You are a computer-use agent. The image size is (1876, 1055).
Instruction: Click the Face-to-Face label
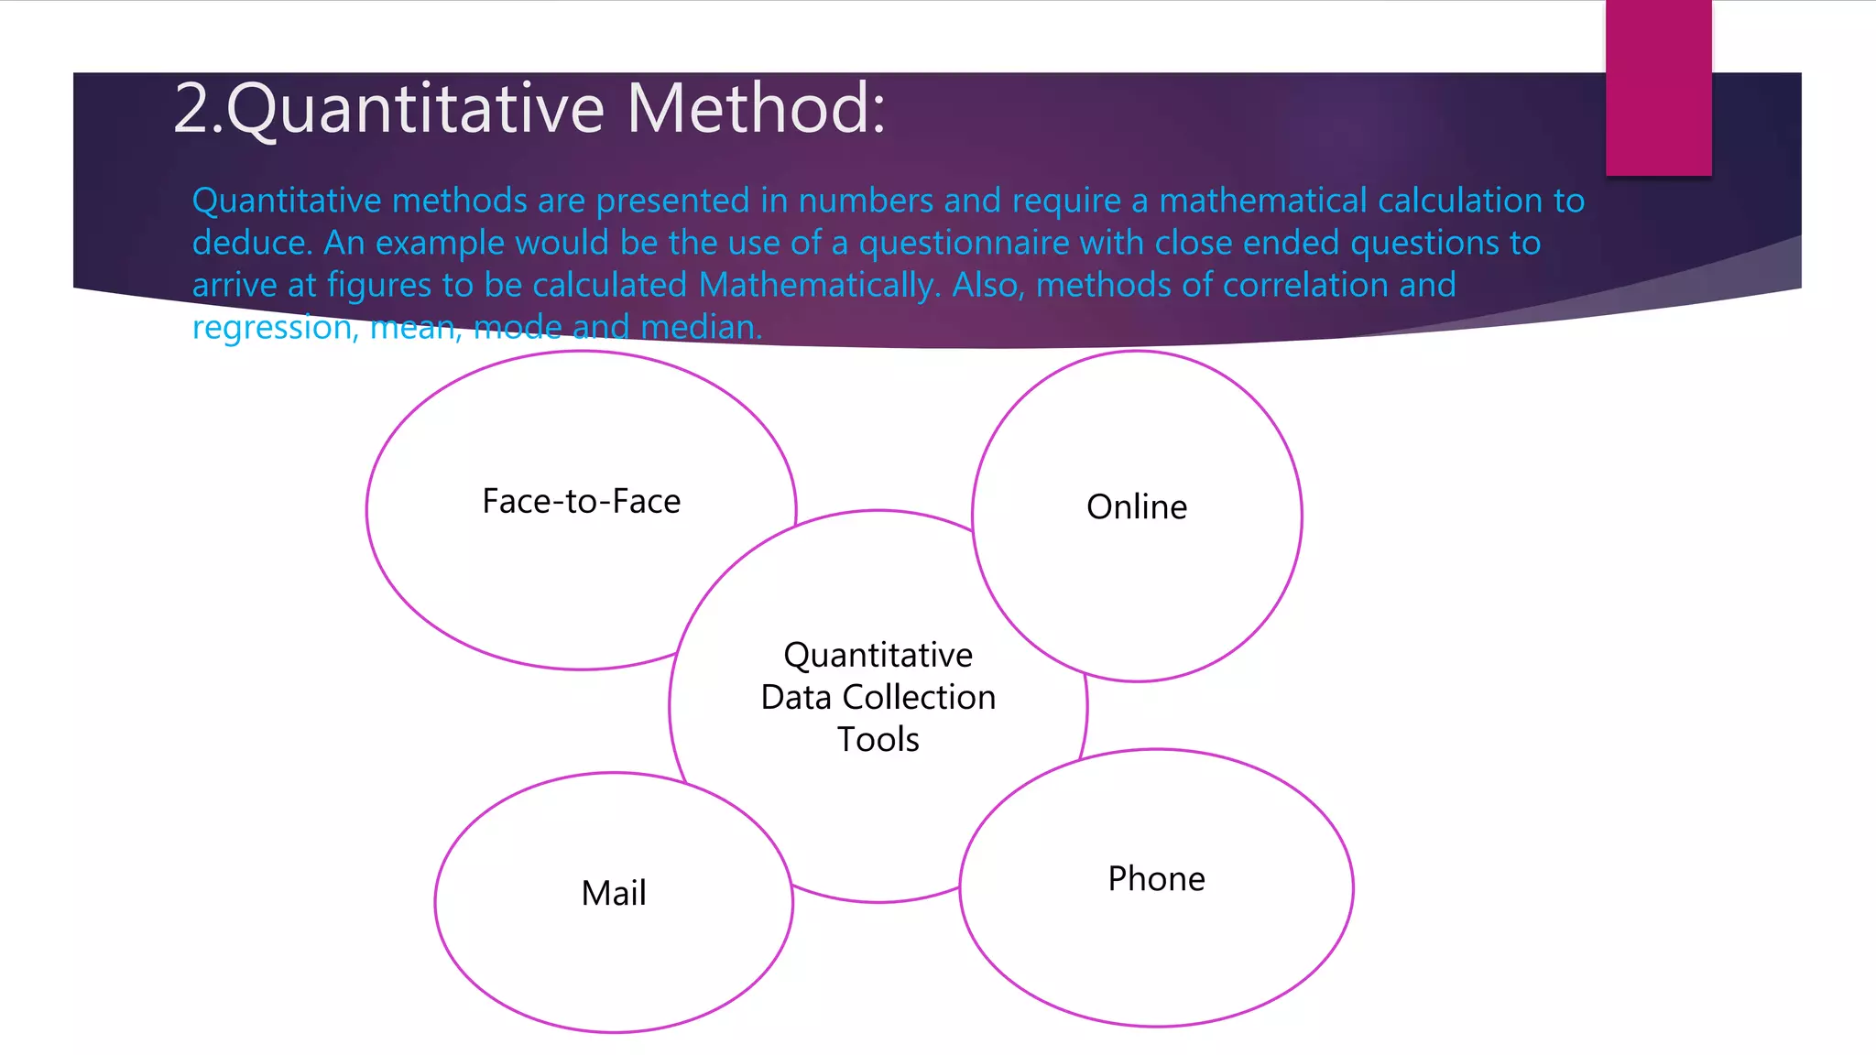(581, 502)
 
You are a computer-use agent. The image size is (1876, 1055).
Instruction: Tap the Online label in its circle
(1137, 507)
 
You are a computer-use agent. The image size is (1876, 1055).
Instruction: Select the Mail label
(614, 893)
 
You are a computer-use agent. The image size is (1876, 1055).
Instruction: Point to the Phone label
(1156, 879)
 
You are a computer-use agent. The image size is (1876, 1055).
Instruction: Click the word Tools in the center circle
(878, 740)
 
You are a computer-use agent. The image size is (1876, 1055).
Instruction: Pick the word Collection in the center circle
(918, 698)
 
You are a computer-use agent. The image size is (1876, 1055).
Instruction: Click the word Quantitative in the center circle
(878, 656)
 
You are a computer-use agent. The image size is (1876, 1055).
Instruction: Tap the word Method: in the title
(757, 108)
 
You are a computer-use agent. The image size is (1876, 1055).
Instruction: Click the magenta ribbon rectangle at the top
(1658, 88)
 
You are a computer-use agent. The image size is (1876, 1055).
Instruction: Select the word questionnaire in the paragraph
(964, 244)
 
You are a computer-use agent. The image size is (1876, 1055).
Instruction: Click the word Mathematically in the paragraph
(819, 286)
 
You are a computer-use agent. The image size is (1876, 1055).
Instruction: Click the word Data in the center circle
(796, 698)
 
